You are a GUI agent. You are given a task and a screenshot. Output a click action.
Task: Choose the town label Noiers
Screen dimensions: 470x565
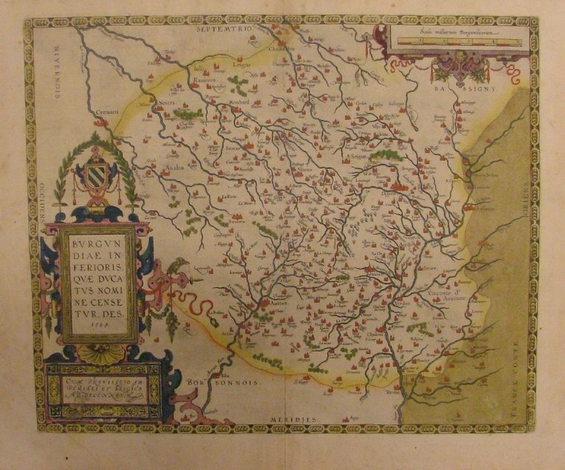166,104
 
